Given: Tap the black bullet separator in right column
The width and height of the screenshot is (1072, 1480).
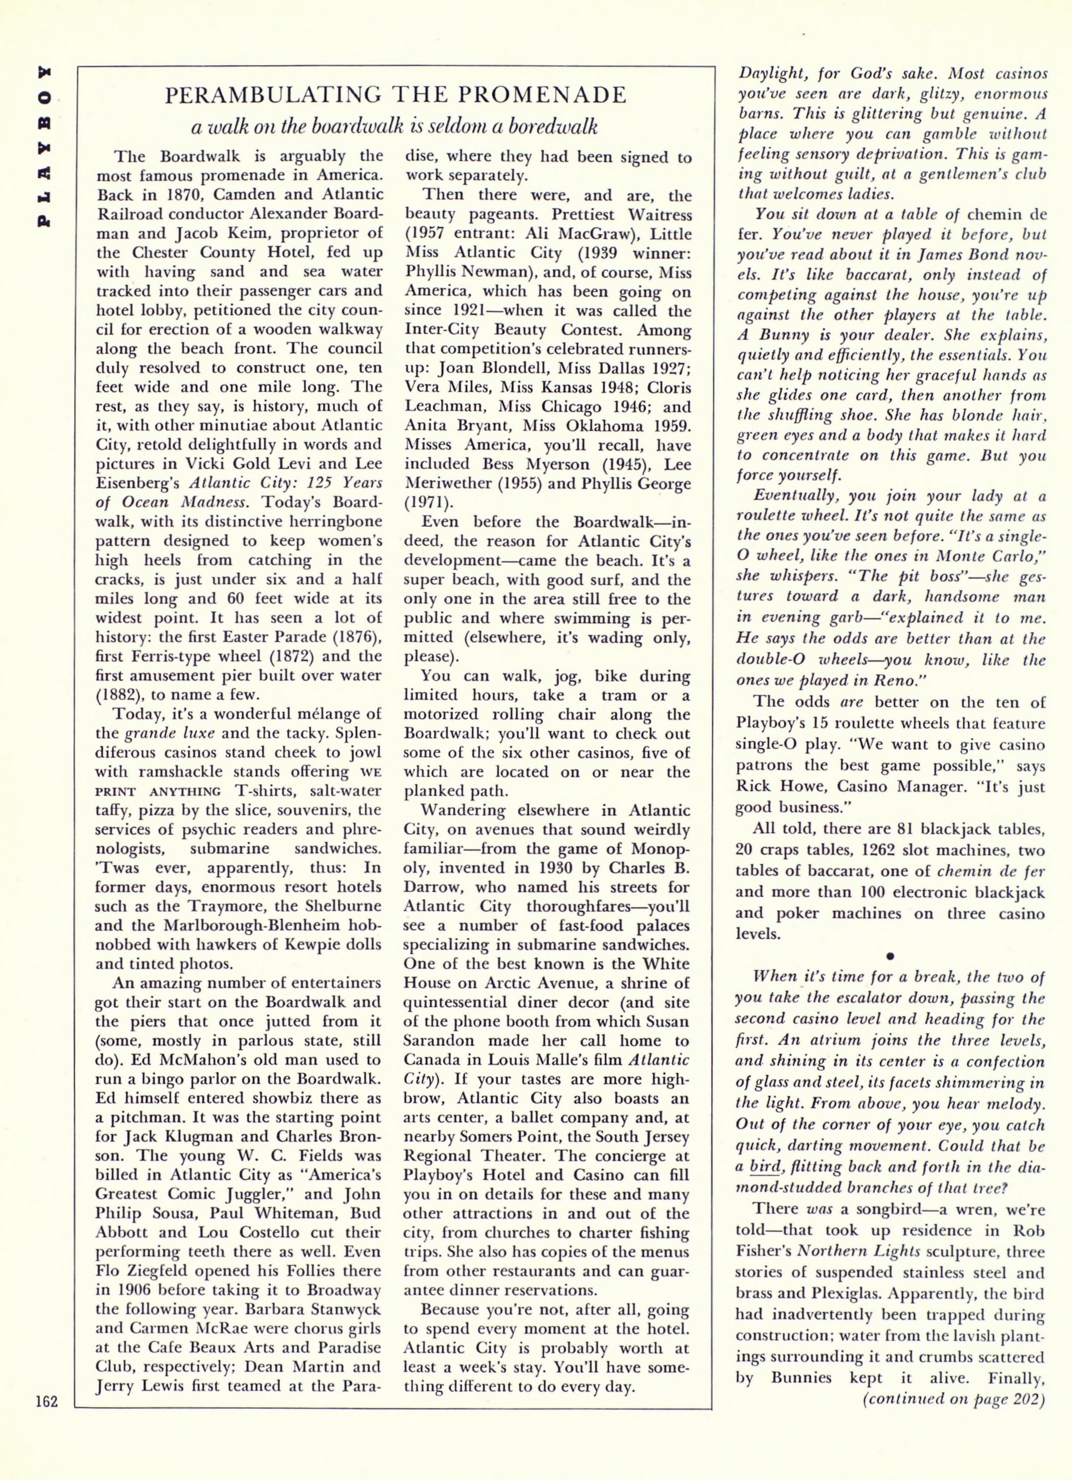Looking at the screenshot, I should tap(890, 956).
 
